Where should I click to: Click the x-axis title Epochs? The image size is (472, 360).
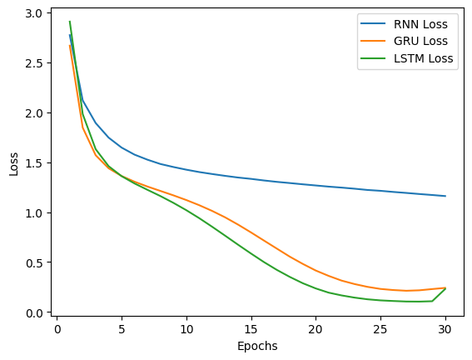point(251,346)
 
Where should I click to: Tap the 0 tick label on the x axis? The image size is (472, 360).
point(57,328)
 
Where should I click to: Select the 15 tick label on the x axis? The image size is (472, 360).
point(251,328)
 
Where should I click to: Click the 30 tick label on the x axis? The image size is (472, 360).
point(445,328)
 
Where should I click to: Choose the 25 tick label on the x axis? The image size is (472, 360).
point(380,328)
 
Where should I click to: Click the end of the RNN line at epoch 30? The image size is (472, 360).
point(445,197)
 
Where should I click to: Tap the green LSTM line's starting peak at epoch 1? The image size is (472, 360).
point(70,22)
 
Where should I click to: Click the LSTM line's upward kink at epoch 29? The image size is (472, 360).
point(432,301)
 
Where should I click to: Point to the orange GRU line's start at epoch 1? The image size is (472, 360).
point(70,45)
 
